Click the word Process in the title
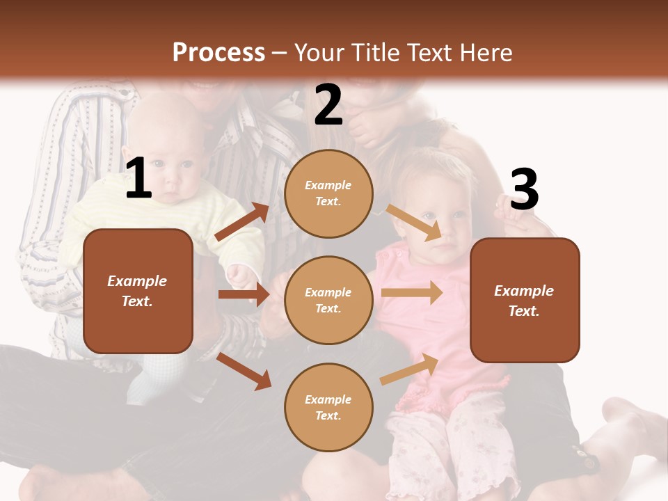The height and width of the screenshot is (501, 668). [218, 52]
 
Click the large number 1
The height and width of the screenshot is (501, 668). [138, 179]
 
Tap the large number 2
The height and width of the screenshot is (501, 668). [328, 104]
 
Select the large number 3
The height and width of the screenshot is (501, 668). [524, 190]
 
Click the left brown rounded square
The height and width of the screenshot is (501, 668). [138, 291]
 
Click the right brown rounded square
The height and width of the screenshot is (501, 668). [525, 300]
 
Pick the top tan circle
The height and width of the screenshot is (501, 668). [328, 193]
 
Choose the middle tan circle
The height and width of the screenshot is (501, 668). [328, 300]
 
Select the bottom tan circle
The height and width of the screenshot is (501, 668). [328, 407]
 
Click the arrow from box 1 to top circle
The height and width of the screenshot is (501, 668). [241, 223]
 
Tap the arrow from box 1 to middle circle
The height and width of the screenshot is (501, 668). [244, 294]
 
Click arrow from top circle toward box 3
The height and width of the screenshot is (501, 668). [414, 222]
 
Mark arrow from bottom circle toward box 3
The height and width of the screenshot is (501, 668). [409, 369]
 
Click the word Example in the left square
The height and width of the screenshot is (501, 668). [137, 281]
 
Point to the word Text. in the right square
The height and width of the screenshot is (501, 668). [524, 311]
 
